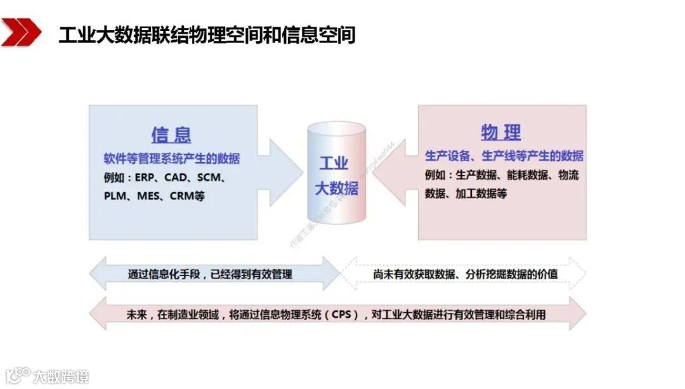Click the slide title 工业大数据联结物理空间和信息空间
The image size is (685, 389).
(x=207, y=34)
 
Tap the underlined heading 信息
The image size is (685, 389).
(x=171, y=134)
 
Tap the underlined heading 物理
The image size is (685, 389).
(x=501, y=133)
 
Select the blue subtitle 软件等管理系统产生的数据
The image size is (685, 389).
(x=172, y=158)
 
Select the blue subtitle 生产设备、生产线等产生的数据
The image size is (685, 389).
(x=504, y=155)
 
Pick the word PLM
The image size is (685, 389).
(x=115, y=196)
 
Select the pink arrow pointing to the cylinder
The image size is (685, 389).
(x=393, y=172)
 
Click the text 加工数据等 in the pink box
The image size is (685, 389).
(x=481, y=194)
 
